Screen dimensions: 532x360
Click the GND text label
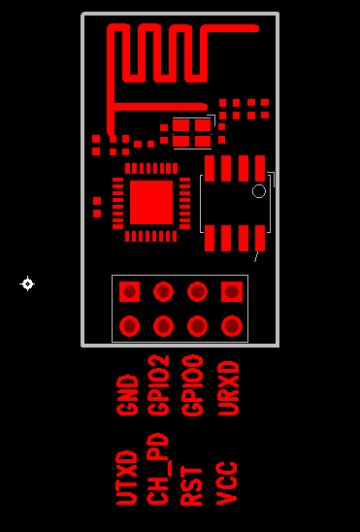coord(128,395)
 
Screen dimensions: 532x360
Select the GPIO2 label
coord(162,385)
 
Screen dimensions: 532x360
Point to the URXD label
coord(230,387)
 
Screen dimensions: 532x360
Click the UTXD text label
coord(127,477)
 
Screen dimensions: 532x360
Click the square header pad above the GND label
coord(129,291)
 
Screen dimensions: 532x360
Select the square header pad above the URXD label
coord(231,291)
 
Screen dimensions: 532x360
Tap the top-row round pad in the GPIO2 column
coord(163,291)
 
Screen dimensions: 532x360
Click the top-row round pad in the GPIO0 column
coord(197,291)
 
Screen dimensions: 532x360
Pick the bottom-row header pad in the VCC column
coord(231,325)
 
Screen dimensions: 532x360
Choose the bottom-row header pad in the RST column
coord(197,325)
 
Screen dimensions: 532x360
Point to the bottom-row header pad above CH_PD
coord(163,325)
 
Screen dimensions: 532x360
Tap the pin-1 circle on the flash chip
coord(259,191)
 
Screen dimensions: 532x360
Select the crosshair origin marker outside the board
coord(27,283)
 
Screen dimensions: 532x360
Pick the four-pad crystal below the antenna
coord(191,133)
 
